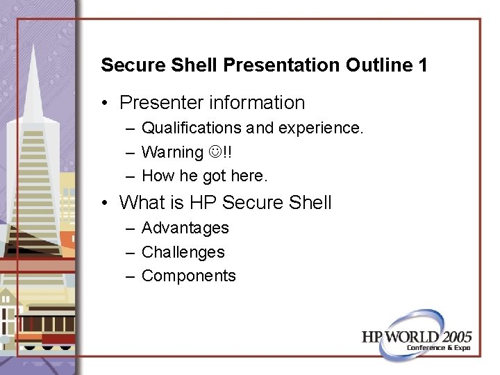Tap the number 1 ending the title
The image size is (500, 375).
click(422, 66)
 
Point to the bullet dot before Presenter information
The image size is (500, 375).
click(104, 103)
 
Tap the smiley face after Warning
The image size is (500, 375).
click(214, 152)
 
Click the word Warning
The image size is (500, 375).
click(172, 152)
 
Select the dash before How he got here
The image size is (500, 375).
click(131, 176)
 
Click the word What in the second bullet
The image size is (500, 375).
click(142, 203)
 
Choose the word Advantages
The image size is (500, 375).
click(185, 228)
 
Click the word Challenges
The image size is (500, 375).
click(183, 251)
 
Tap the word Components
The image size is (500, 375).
click(188, 276)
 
